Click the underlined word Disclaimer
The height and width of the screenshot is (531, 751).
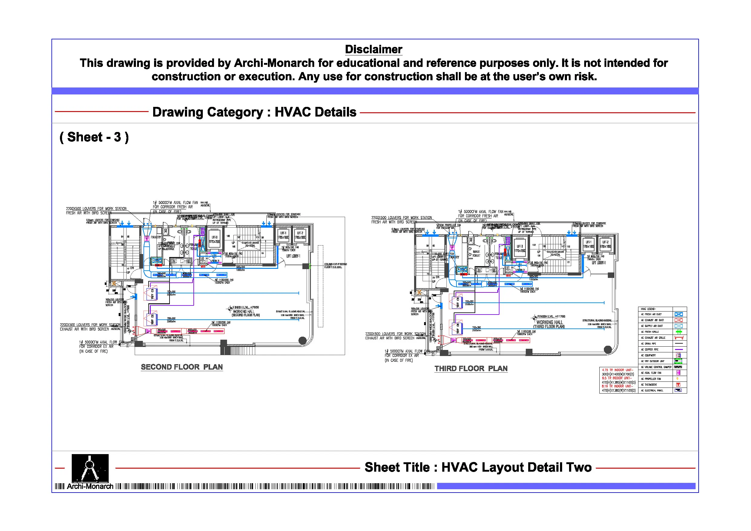pos(374,49)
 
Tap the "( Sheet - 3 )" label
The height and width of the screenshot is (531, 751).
pos(94,137)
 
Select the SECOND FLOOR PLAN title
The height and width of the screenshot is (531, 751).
pos(182,367)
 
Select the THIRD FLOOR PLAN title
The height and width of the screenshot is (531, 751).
pos(471,368)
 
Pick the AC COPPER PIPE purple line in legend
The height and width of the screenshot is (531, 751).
pos(679,349)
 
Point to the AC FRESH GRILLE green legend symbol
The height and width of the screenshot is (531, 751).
pos(679,332)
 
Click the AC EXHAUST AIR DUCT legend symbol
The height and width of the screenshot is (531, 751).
pos(679,320)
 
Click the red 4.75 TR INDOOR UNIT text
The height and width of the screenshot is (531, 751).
pos(617,370)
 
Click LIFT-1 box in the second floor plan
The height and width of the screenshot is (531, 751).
pos(283,236)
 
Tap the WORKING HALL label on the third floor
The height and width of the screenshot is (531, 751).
pos(549,322)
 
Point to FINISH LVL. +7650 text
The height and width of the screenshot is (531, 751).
pos(245,307)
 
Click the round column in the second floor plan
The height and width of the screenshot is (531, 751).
pos(303,341)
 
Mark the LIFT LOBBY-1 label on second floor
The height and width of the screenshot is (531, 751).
pos(293,256)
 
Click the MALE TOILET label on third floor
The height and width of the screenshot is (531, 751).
pos(476,254)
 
